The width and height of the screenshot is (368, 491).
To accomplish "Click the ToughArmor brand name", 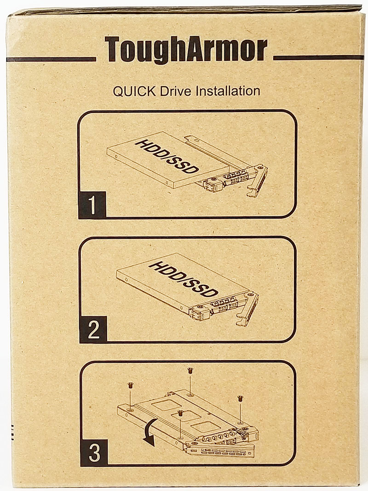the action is [186, 50].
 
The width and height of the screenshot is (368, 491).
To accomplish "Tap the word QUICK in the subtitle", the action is [134, 91].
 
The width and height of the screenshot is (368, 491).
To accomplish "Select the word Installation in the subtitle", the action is [228, 91].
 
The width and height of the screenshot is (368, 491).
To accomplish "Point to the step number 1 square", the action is [92, 205].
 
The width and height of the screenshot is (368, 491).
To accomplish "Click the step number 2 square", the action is [93, 329].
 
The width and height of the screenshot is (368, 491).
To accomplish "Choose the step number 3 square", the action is [94, 452].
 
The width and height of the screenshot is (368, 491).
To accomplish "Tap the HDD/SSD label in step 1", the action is [167, 157].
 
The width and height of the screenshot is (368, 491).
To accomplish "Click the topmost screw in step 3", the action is [190, 371].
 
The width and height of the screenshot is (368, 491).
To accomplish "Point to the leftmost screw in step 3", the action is [130, 385].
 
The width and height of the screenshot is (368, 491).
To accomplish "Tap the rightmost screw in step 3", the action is [240, 399].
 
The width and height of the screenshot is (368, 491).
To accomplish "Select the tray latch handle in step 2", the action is [249, 310].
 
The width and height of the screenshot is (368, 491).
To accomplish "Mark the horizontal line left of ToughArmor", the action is [51, 59].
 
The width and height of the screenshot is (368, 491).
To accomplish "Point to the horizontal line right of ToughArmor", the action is [318, 57].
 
